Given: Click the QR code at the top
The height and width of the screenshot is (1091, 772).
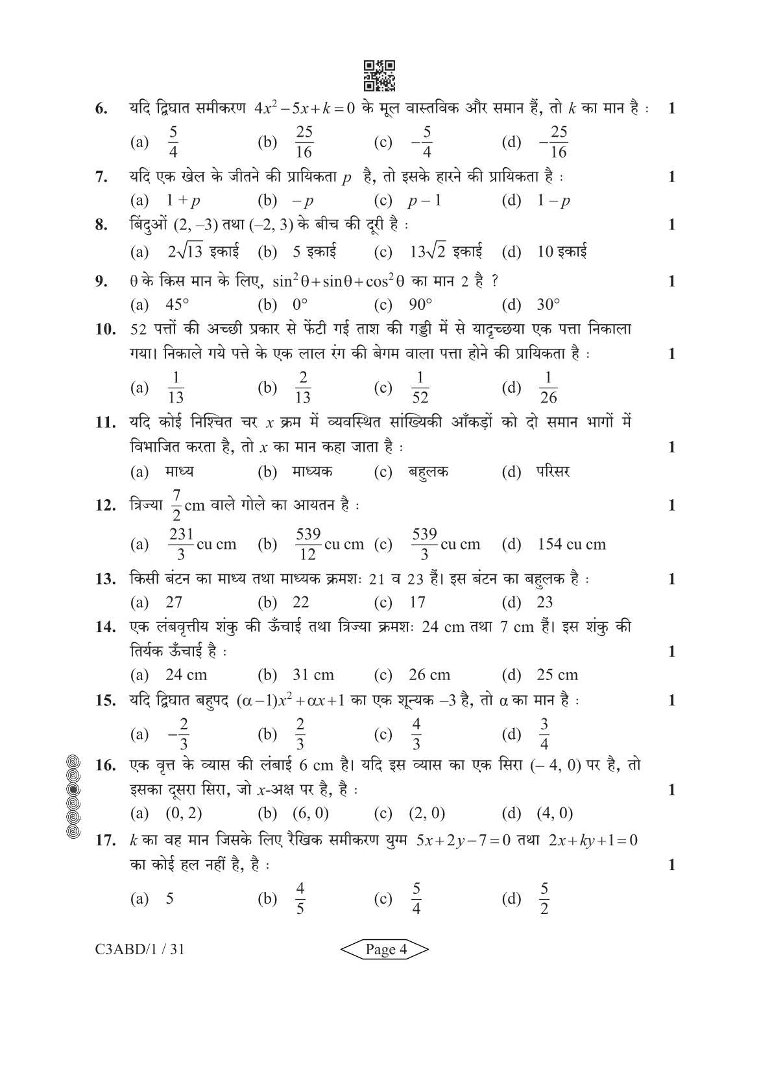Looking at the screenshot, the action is (x=380, y=76).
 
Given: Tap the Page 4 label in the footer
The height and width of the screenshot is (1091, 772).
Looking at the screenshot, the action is (x=386, y=950).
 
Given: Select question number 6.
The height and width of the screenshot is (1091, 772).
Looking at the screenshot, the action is (x=101, y=108).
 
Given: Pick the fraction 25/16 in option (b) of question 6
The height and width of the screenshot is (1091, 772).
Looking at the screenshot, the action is (x=304, y=142).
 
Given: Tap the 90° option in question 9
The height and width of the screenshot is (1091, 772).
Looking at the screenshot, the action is (x=420, y=304).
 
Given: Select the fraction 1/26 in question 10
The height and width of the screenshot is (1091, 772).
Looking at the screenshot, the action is (x=548, y=388).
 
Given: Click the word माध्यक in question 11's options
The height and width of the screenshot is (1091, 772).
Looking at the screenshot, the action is (x=313, y=471).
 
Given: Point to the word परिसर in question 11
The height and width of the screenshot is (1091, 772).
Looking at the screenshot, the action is (x=553, y=471).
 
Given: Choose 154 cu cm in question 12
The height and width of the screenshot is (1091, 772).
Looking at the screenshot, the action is (x=572, y=544).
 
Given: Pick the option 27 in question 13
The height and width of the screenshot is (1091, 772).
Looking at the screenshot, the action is (x=174, y=602).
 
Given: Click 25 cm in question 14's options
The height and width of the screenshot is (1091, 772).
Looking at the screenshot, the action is (x=557, y=675).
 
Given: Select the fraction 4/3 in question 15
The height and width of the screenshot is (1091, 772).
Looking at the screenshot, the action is (x=416, y=734).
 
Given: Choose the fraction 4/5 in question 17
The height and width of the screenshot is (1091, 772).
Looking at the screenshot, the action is (x=300, y=898).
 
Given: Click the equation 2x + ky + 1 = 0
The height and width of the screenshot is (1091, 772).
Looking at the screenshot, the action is (x=592, y=841).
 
